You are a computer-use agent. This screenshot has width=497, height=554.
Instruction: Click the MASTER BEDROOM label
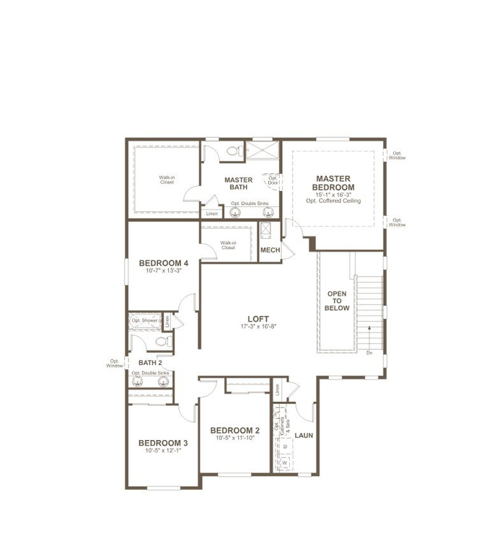[x=332, y=183]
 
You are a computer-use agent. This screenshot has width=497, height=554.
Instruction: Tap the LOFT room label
[x=258, y=317]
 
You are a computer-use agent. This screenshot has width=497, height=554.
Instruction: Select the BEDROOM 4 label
[x=164, y=263]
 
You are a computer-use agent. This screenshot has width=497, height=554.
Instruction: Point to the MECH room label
[x=270, y=250]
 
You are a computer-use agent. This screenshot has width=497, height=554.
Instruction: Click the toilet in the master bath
[x=233, y=152]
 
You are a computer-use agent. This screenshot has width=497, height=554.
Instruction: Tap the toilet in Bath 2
[x=161, y=341]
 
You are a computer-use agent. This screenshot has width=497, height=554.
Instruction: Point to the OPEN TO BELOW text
[x=338, y=301]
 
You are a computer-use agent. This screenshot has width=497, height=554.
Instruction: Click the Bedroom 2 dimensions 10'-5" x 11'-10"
[x=234, y=438]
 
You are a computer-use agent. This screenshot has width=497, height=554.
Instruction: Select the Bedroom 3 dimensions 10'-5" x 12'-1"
[x=163, y=451]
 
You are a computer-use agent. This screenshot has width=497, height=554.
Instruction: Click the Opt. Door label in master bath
[x=273, y=180]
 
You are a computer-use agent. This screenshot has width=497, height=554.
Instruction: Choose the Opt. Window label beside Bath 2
[x=115, y=364]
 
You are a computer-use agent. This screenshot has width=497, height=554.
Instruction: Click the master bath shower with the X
[x=263, y=151]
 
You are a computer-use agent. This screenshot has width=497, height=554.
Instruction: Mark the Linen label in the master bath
[x=211, y=214]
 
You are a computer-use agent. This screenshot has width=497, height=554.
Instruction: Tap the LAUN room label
[x=304, y=435]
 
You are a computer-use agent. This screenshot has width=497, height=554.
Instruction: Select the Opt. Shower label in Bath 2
[x=145, y=320]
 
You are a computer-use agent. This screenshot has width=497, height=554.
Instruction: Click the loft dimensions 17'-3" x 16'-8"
[x=258, y=327]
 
